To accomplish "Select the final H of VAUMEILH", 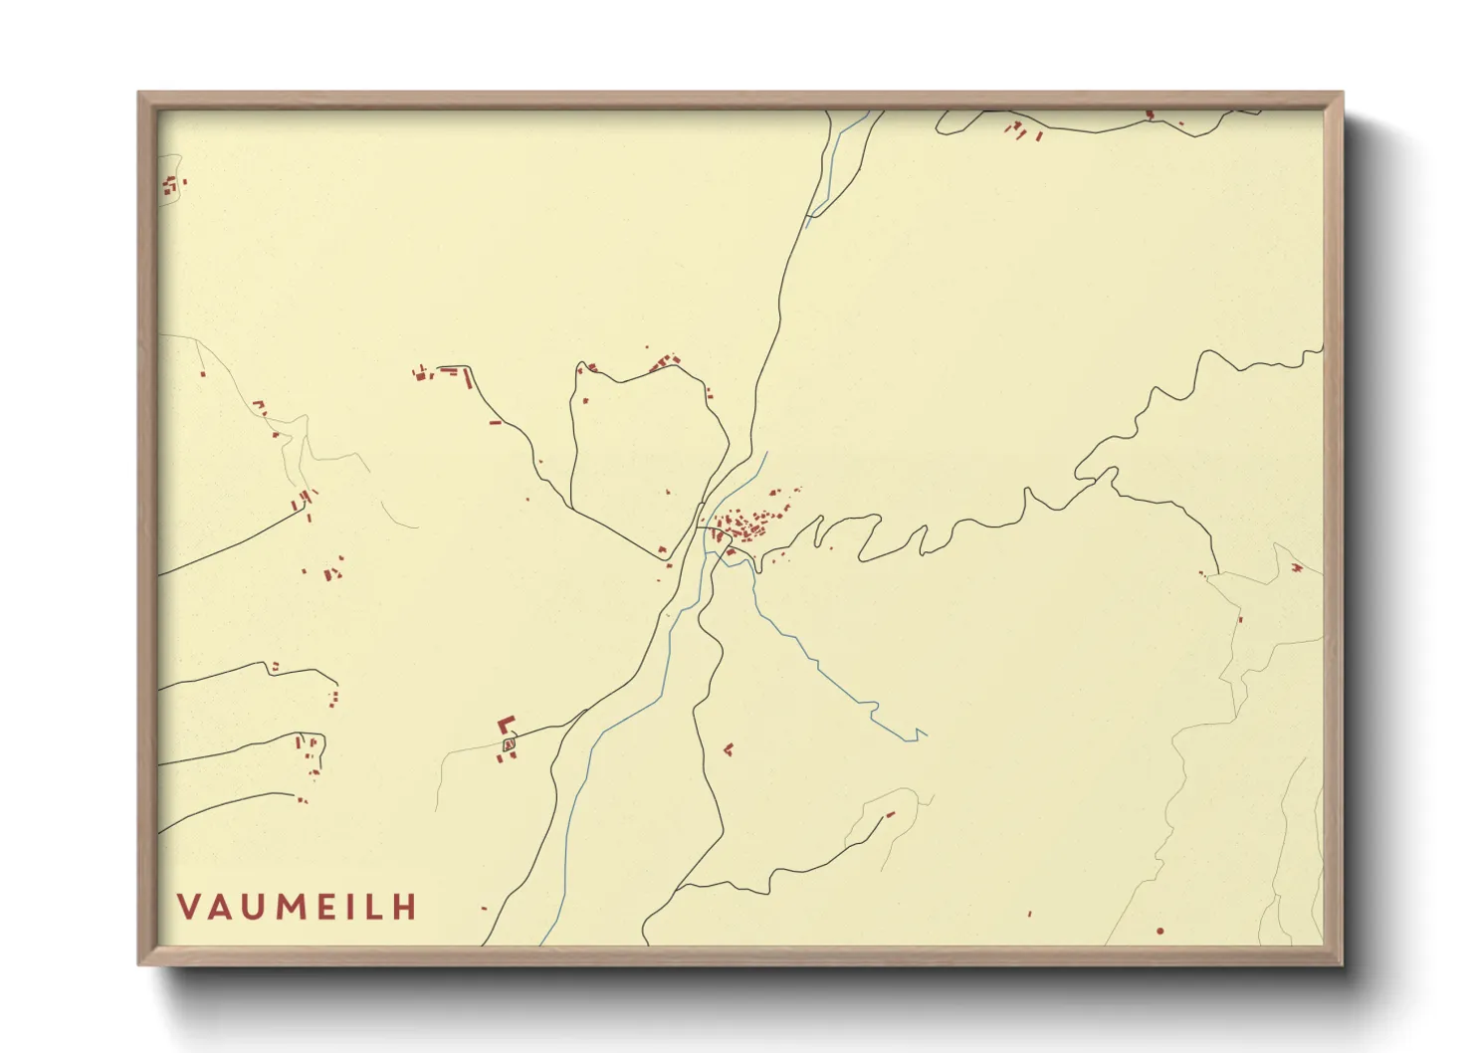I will pos(403,907).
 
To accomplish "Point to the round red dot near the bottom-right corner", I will pos(1160,931).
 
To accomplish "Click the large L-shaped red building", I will pos(507,725).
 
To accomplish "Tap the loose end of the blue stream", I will pos(926,735).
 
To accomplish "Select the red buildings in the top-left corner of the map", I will pos(171,184).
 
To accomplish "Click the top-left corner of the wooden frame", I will pos(139,94).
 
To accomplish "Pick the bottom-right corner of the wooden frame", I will pos(1342,963).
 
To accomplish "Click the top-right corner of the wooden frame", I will pos(1342,94).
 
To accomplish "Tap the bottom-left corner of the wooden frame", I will pos(139,963).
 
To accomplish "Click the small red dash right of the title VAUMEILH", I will pos(485,908).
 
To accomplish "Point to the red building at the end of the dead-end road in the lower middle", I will pos(891,814).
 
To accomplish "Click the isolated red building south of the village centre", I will pos(729,748).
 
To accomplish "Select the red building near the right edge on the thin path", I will pos(1296,568).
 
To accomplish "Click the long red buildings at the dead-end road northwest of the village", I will pos(438,372).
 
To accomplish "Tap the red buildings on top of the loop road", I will pos(665,362).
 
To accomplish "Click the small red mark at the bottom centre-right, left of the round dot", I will pos(1029,913).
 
